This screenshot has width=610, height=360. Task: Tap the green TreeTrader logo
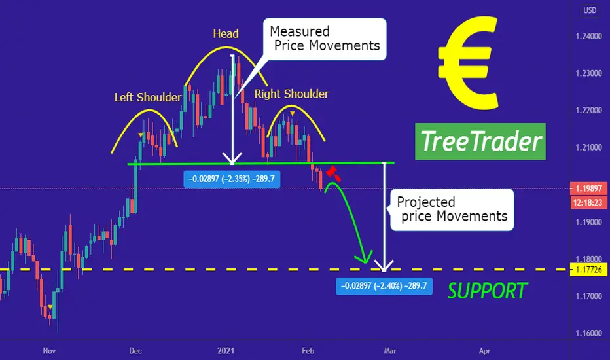[480, 141]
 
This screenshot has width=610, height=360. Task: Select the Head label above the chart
[226, 34]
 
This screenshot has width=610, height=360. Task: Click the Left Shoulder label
[148, 98]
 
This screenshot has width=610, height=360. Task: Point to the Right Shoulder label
[291, 94]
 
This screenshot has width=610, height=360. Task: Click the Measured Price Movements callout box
[325, 39]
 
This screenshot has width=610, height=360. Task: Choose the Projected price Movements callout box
[452, 209]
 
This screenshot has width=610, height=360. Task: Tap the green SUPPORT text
[487, 291]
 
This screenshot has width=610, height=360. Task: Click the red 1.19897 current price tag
[588, 189]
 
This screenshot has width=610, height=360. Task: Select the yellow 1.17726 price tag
[588, 269]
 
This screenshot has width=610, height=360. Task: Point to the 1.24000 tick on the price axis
[588, 36]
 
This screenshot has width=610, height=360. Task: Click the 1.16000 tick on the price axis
[588, 333]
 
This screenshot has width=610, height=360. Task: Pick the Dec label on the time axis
[135, 351]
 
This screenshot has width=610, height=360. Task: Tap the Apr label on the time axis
[484, 351]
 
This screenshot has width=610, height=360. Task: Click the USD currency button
[590, 10]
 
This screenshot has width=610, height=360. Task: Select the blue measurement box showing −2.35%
[232, 179]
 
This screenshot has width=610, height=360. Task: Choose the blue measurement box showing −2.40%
[384, 286]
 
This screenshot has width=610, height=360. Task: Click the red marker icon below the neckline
[332, 173]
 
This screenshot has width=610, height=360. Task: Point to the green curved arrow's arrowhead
[364, 258]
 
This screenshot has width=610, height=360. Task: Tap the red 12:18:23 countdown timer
[588, 202]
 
